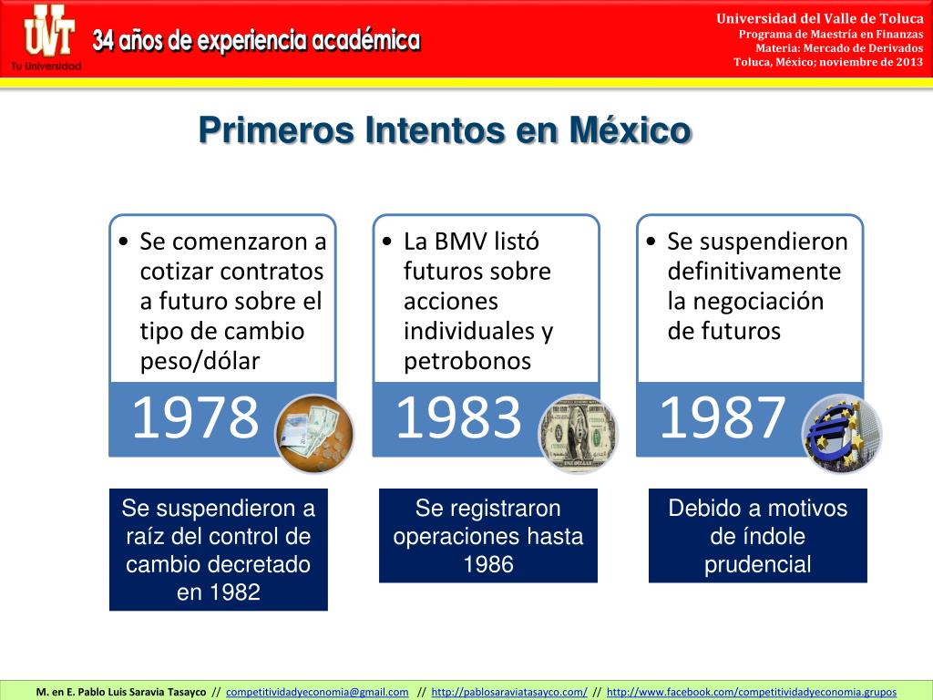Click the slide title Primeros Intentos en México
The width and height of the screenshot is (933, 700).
click(x=445, y=129)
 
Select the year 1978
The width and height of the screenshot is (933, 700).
click(x=195, y=418)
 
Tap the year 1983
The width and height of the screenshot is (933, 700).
click(x=458, y=418)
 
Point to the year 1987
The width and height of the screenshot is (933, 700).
click(x=722, y=418)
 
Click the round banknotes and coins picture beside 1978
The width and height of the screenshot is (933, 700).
click(x=314, y=434)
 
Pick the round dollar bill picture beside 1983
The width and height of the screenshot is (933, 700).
click(x=579, y=434)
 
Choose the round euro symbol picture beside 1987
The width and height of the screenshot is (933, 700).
click(x=842, y=434)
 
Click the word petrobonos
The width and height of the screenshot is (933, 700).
click(x=467, y=361)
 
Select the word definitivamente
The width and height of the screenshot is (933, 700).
click(x=754, y=272)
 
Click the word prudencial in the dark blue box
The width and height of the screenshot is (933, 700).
click(x=757, y=564)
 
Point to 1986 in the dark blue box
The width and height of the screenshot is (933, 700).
click(x=488, y=564)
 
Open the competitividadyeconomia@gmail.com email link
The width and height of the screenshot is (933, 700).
click(x=317, y=692)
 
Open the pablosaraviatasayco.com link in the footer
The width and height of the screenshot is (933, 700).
click(x=508, y=692)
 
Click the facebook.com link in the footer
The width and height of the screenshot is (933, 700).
click(x=751, y=692)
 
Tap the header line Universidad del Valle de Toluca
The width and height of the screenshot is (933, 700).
click(x=819, y=19)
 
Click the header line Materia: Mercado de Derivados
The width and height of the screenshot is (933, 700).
click(x=839, y=48)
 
